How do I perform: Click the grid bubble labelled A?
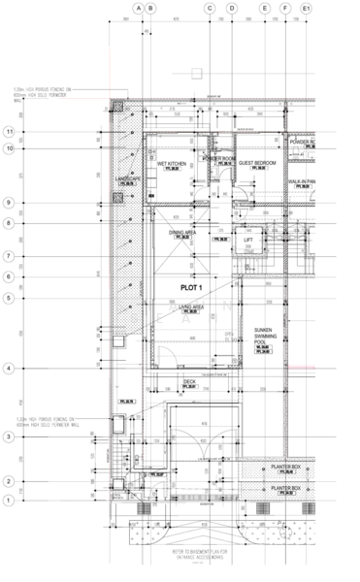point(138,9)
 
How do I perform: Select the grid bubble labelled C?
point(209,9)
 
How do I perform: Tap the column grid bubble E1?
point(307,9)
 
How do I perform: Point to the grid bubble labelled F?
point(285,9)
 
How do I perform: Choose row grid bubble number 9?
point(9,203)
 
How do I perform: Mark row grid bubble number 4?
point(9,369)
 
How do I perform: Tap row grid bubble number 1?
point(9,501)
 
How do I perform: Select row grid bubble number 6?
point(9,277)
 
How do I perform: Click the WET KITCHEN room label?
point(172,164)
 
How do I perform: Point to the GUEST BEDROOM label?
point(258,163)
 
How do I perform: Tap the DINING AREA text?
point(183,233)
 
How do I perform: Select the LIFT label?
point(248,240)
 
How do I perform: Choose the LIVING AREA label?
point(191,307)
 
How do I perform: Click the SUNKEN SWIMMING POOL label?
point(265,337)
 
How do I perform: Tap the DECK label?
point(190,381)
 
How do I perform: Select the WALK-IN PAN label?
point(301,182)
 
